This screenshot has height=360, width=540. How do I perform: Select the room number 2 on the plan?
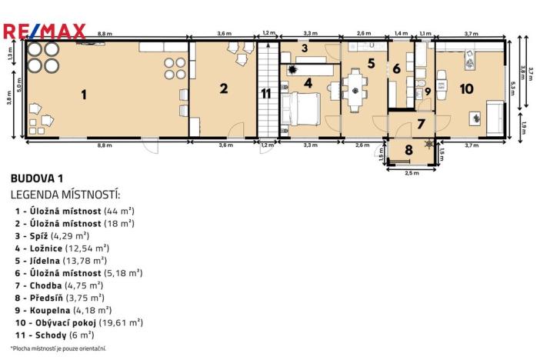coord(223,88)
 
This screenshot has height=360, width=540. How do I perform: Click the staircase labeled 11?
coord(266,94)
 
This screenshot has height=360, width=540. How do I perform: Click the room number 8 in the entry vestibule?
coord(408,149)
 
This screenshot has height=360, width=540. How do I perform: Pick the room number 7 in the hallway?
coord(420,123)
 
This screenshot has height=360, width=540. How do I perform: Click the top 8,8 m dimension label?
coord(104,34)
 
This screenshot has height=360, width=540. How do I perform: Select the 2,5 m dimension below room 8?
coord(411,172)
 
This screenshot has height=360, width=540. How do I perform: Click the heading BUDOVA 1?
coord(37,178)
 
